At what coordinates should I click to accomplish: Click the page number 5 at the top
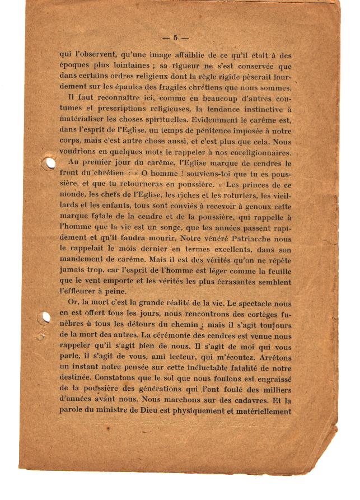(175, 38)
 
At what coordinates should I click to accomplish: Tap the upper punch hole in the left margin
(50, 163)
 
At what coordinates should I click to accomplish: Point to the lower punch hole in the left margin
(43, 318)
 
